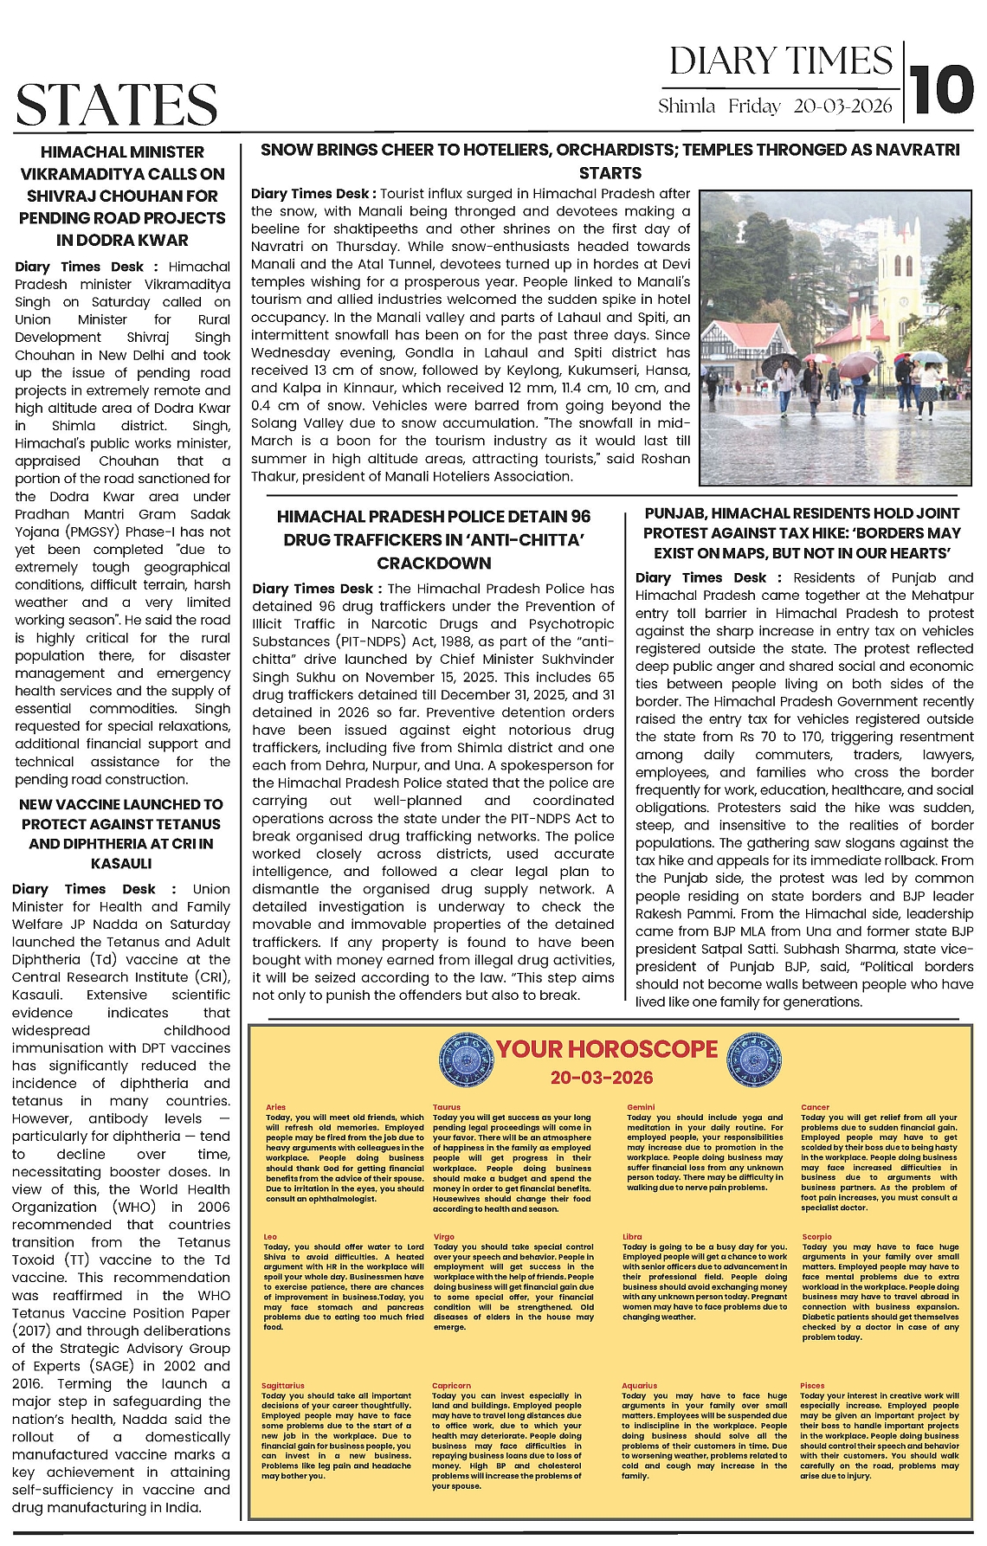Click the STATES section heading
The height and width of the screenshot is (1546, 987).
pyautogui.click(x=116, y=106)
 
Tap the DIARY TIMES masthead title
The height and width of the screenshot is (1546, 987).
pyautogui.click(x=781, y=61)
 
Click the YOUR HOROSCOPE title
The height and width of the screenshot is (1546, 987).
pyautogui.click(x=606, y=1049)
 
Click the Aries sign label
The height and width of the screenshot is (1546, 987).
pyautogui.click(x=275, y=1107)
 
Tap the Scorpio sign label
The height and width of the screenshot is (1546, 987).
pyautogui.click(x=816, y=1237)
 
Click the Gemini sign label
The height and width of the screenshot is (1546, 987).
pyautogui.click(x=641, y=1107)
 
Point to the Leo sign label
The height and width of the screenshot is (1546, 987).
pyautogui.click(x=270, y=1237)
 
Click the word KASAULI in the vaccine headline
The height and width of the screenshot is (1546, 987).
pyautogui.click(x=121, y=863)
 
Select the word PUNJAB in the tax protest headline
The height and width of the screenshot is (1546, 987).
pyautogui.click(x=680, y=513)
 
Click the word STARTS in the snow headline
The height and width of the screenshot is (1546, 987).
pyautogui.click(x=610, y=172)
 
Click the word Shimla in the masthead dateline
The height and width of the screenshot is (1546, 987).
pyautogui.click(x=686, y=106)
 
